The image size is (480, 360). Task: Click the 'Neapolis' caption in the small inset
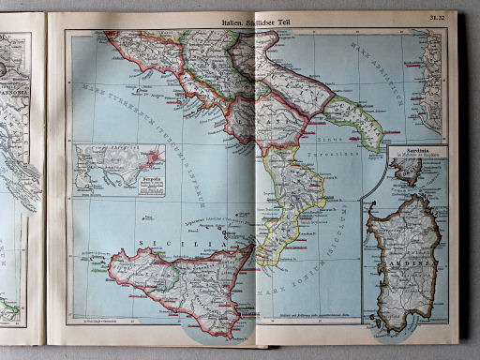click(151, 174)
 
